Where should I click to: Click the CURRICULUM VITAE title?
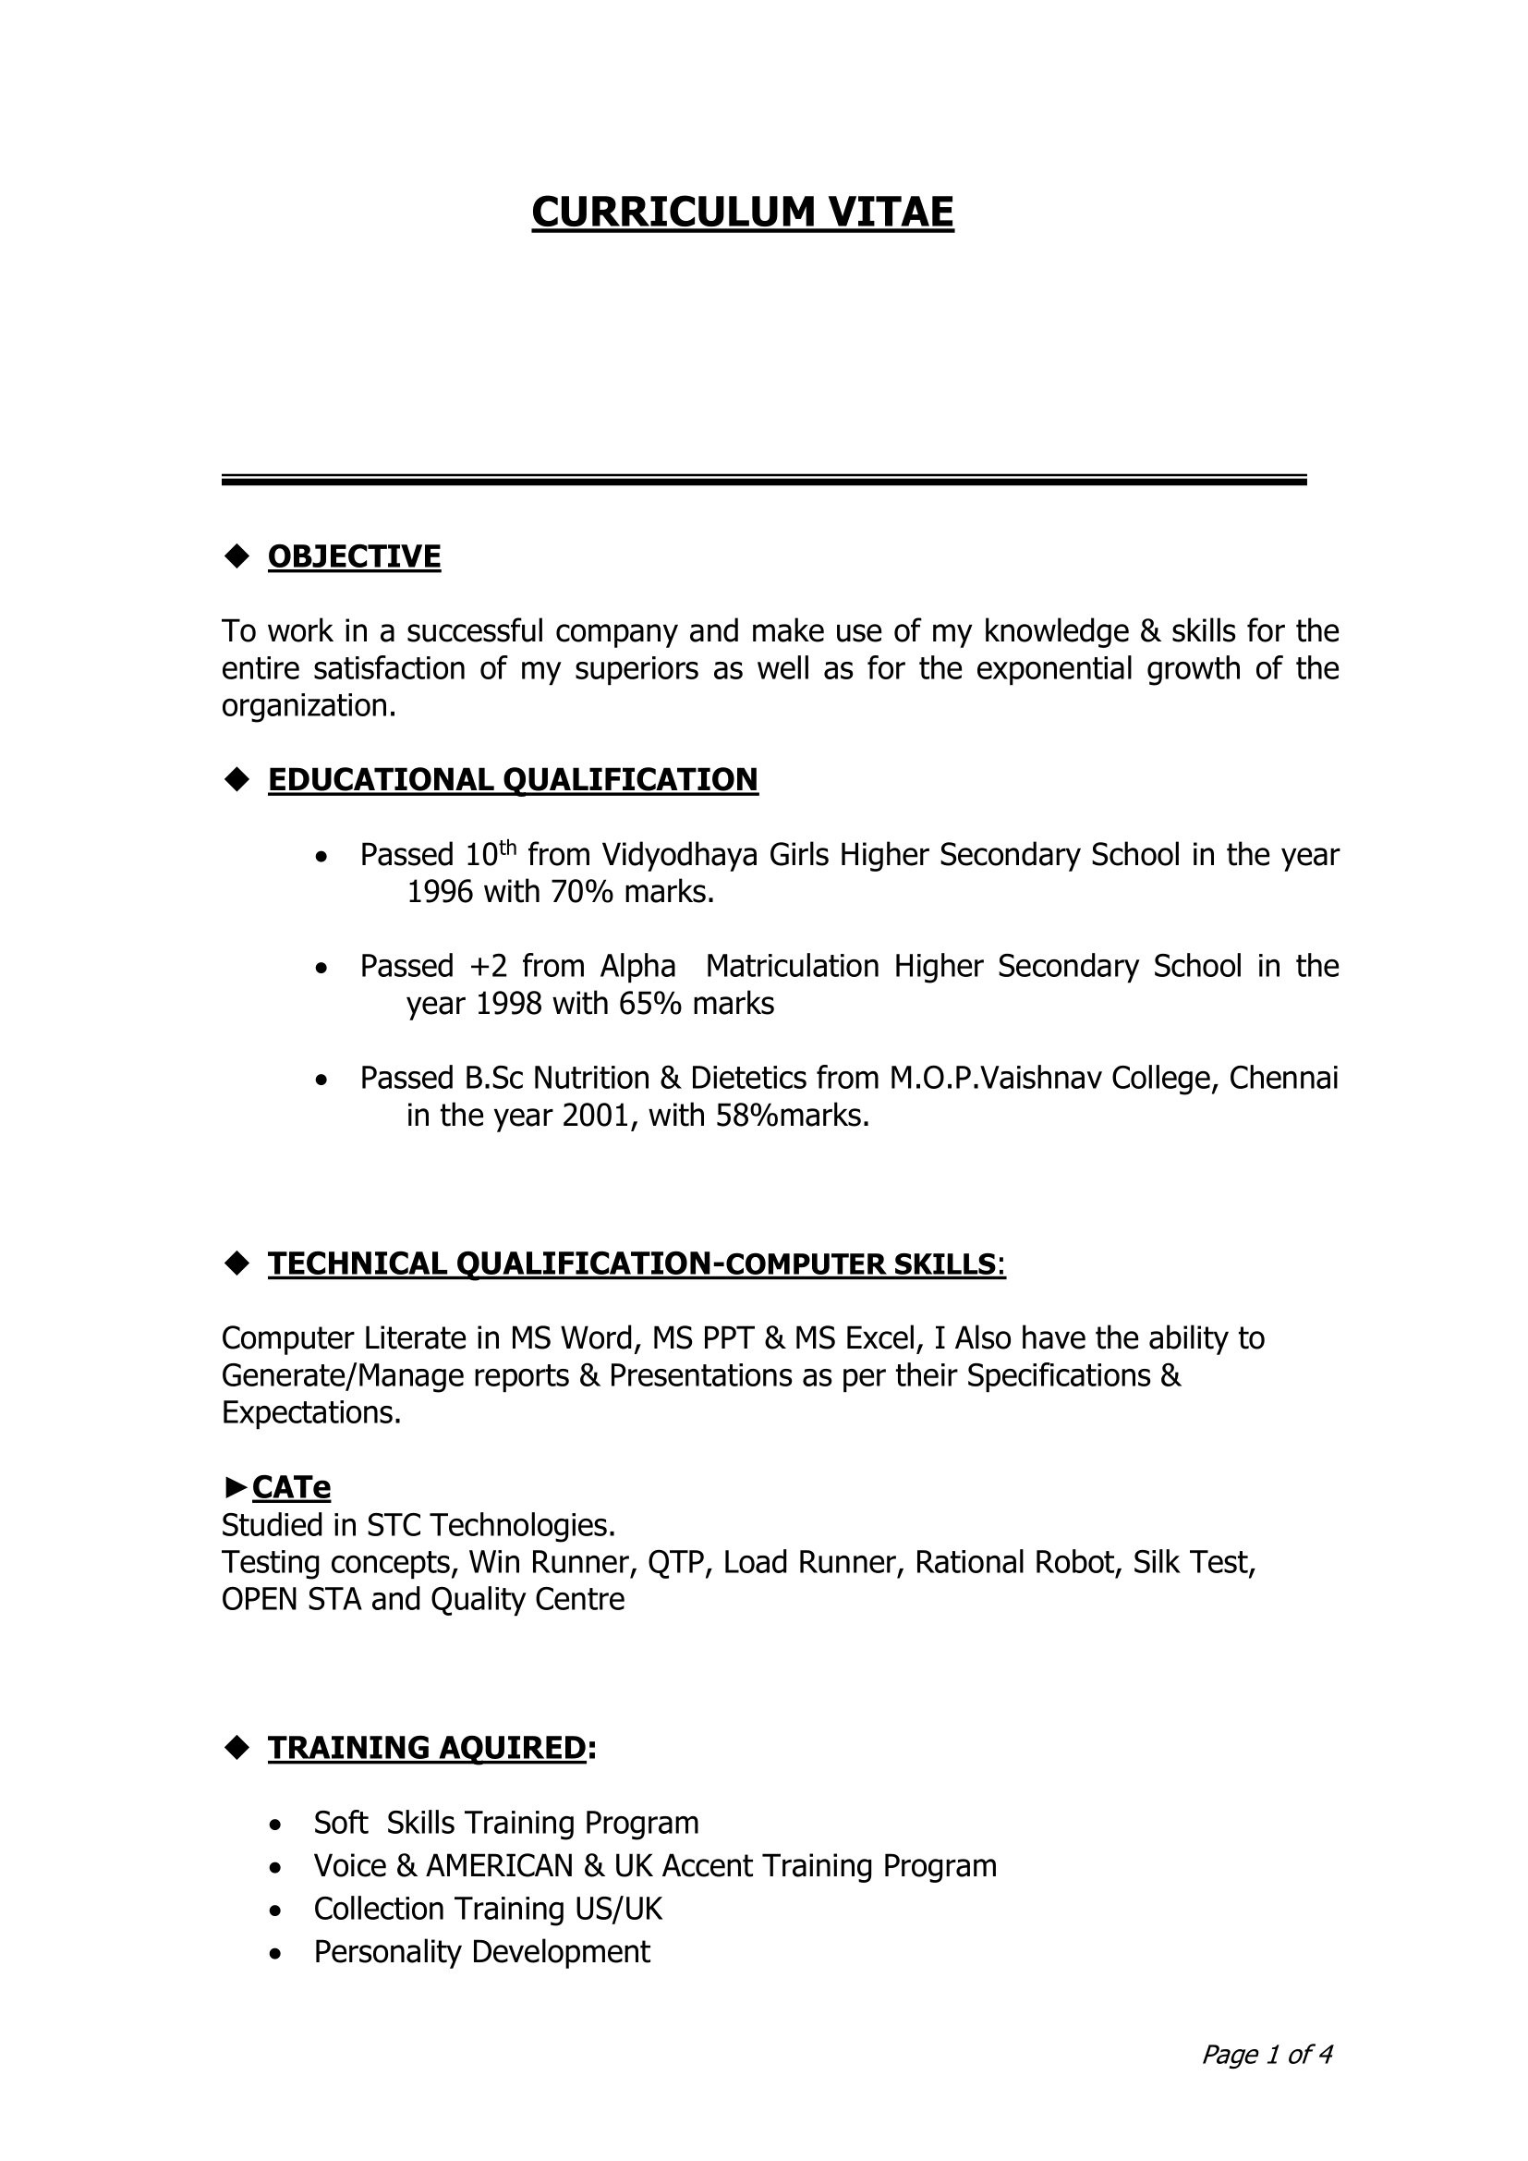tap(743, 213)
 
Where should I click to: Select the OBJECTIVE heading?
tap(354, 556)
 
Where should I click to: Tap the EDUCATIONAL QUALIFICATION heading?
tap(513, 779)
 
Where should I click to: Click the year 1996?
tap(440, 891)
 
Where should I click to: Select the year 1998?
tap(509, 1004)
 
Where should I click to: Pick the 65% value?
tap(650, 1004)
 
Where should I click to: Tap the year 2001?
tap(596, 1116)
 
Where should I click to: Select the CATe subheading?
tap(291, 1487)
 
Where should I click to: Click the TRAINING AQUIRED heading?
tap(427, 1747)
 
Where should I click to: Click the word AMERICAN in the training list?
tap(500, 1865)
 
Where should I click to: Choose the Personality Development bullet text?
tap(481, 1951)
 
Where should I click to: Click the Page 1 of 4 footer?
tap(1267, 2054)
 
